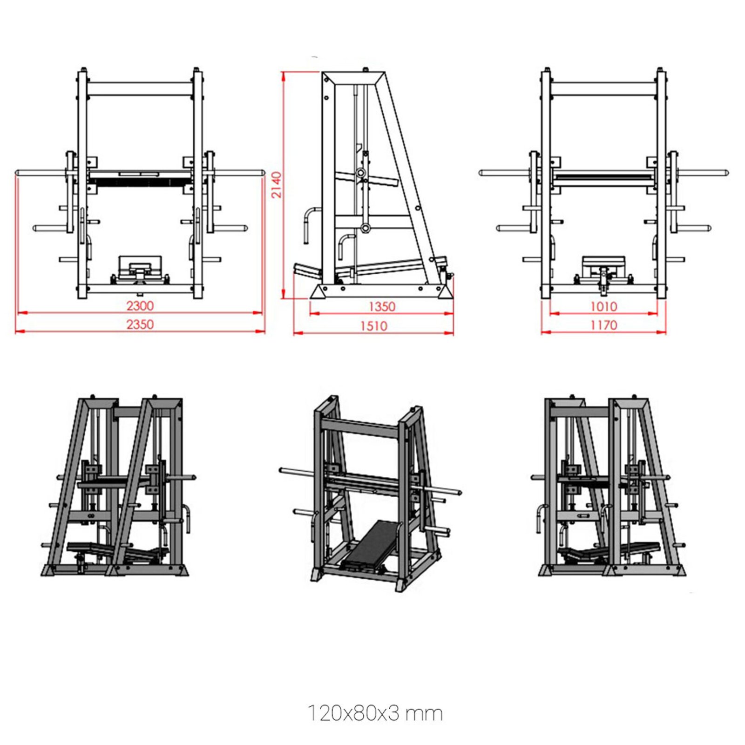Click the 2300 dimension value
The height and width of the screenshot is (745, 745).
tap(140, 306)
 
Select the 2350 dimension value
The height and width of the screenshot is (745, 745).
tap(140, 325)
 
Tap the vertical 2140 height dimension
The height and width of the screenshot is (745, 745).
tap(277, 185)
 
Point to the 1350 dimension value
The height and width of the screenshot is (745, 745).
tap(382, 307)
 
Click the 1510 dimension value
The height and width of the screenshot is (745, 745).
tap(373, 326)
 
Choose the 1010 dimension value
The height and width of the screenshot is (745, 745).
tap(603, 306)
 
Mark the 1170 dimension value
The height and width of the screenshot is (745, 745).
tap(603, 325)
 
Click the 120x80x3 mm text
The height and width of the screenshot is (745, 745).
tap(375, 713)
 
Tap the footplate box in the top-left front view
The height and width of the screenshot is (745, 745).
tap(140, 267)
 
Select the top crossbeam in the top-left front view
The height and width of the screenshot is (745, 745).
tap(140, 89)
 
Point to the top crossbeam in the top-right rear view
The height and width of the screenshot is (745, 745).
tap(603, 89)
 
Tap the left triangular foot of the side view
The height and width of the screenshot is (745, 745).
tap(319, 292)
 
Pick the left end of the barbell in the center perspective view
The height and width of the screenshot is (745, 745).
tap(282, 470)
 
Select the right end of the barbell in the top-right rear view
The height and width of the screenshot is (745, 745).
tap(725, 173)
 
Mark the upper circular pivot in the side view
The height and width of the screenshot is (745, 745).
tap(361, 172)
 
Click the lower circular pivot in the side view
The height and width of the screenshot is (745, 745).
tap(366, 228)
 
